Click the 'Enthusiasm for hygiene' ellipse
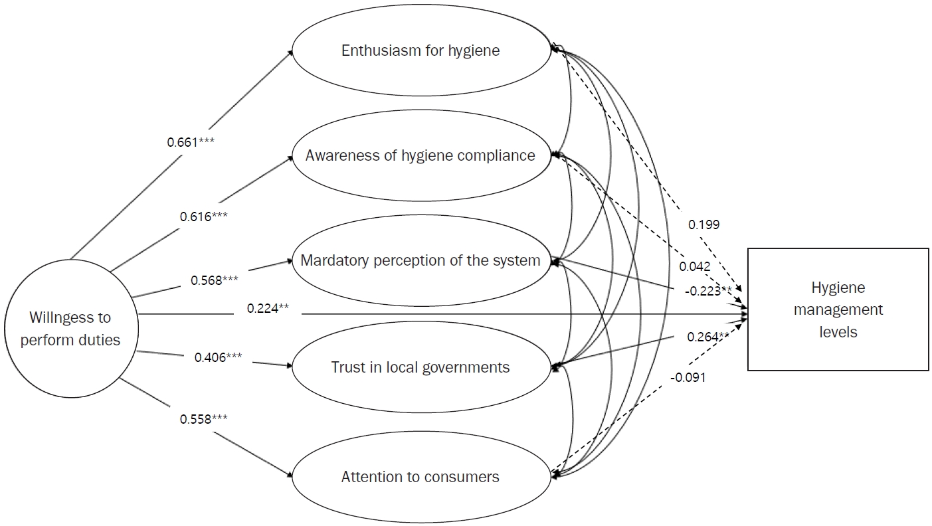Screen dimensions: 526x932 [x=420, y=50]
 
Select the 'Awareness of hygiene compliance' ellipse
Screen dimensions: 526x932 [x=420, y=155]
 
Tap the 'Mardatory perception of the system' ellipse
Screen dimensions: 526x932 [x=420, y=260]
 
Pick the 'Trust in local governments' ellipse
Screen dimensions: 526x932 [x=420, y=367]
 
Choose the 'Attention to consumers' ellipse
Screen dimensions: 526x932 [x=420, y=477]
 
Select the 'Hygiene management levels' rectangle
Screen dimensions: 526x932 [x=838, y=309]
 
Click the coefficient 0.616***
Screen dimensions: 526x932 [x=204, y=217]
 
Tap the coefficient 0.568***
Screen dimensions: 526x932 [x=215, y=280]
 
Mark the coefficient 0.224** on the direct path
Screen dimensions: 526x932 [x=268, y=307]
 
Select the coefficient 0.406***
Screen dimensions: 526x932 [x=218, y=357]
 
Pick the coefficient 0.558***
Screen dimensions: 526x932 [x=204, y=419]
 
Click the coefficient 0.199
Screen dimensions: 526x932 [x=703, y=225]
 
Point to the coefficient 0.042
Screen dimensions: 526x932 [x=695, y=266]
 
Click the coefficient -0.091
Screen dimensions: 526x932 [x=688, y=377]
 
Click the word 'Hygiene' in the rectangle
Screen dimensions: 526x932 [x=838, y=288]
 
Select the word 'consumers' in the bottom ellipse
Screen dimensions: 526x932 [x=466, y=477]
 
